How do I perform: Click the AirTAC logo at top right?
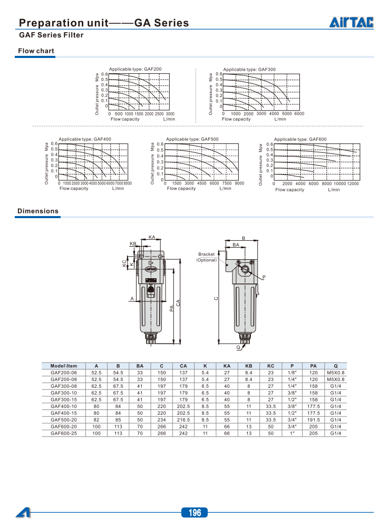pyautogui.click(x=352, y=22)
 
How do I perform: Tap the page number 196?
pyautogui.click(x=194, y=513)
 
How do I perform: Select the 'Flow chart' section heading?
pyautogui.click(x=36, y=51)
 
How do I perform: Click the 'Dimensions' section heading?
pyautogui.click(x=38, y=211)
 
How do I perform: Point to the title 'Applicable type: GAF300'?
pyautogui.click(x=249, y=69)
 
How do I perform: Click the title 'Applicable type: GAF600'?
pyautogui.click(x=300, y=139)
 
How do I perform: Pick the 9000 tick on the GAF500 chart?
pyautogui.click(x=239, y=183)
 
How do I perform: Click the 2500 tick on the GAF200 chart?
pyautogui.click(x=159, y=114)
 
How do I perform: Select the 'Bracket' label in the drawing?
pyautogui.click(x=207, y=255)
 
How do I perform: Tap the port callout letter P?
pyautogui.click(x=264, y=277)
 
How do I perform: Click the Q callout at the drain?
pyautogui.click(x=238, y=348)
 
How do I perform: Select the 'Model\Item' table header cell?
pyautogui.click(x=64, y=366)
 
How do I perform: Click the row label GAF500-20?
pyautogui.click(x=64, y=420)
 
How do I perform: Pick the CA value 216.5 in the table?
pyautogui.click(x=183, y=420)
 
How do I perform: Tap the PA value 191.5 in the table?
pyautogui.click(x=313, y=420)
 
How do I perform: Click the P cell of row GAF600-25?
pyautogui.click(x=292, y=433)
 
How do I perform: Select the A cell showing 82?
pyautogui.click(x=96, y=420)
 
